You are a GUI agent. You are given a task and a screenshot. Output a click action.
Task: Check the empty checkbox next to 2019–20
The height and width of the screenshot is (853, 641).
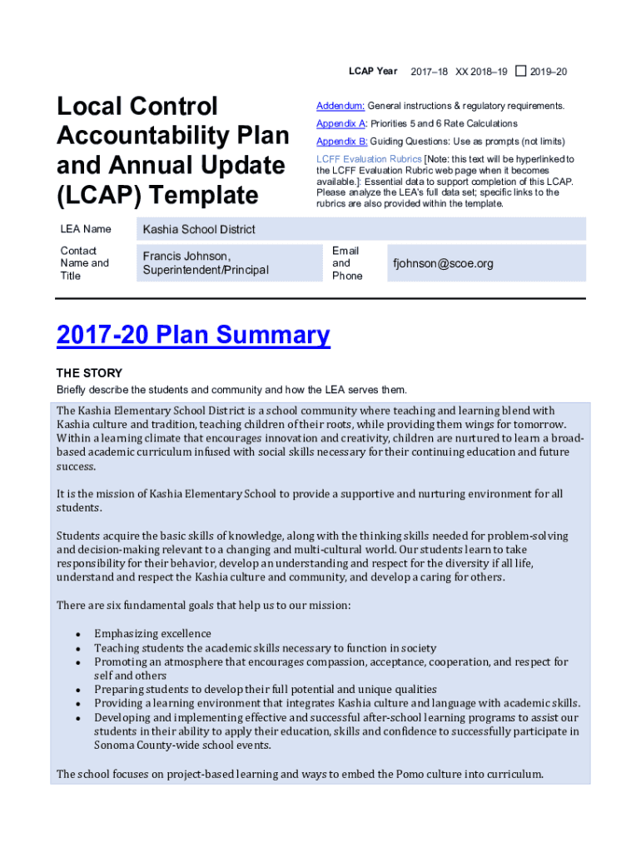[x=520, y=72]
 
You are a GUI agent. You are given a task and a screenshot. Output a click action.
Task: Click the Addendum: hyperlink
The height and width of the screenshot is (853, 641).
[x=340, y=106]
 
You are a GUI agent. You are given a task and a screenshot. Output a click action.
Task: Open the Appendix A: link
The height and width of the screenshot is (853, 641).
[x=341, y=123]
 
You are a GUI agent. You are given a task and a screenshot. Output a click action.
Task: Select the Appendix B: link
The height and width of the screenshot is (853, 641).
[x=341, y=141]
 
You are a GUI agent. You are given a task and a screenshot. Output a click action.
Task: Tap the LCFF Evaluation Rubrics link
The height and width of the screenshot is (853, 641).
[x=369, y=158]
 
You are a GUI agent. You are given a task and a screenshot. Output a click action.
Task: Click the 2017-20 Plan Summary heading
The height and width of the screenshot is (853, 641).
[x=193, y=335]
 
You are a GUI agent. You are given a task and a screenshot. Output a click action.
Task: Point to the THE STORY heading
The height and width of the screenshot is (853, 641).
[x=89, y=373]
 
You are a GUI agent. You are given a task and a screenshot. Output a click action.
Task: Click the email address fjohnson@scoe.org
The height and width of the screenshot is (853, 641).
[x=443, y=263]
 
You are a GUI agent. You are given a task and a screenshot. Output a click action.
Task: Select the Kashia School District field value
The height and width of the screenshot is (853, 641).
[x=199, y=229]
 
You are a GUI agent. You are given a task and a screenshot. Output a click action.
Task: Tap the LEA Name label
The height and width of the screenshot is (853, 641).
[x=86, y=229]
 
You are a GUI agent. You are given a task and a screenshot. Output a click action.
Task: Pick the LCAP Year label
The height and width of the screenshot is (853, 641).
[x=373, y=72]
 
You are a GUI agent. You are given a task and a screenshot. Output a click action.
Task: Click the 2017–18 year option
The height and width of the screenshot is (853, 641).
[x=430, y=72]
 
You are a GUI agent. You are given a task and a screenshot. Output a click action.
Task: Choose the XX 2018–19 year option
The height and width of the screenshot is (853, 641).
[x=481, y=72]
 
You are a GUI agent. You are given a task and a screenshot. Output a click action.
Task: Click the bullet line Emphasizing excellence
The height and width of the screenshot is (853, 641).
[x=152, y=634]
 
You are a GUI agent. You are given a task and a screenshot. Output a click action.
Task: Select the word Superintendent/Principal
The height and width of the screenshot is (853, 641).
[x=206, y=270]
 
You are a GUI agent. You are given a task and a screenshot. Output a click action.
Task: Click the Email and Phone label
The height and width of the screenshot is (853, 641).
[x=347, y=263]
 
